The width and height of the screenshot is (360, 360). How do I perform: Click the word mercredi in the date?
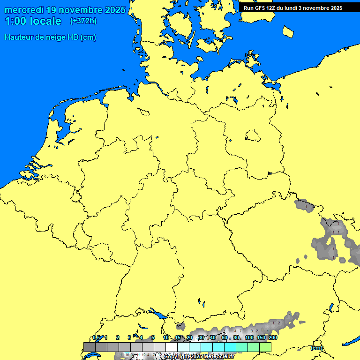[24, 10]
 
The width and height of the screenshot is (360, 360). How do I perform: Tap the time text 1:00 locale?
[33, 21]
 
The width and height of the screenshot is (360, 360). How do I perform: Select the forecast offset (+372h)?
[83, 21]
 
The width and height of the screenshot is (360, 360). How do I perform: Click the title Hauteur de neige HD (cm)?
[50, 37]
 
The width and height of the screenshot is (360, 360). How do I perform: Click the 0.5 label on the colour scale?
[96, 337]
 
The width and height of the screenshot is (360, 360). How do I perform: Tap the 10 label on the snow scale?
[166, 337]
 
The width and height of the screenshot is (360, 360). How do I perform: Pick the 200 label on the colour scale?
[273, 337]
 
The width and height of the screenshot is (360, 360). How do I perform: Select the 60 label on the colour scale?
[225, 337]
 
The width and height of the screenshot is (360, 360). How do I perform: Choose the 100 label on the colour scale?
[249, 337]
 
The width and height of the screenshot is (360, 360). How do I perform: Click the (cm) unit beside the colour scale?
[316, 348]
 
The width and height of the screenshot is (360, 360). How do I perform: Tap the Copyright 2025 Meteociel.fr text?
[199, 357]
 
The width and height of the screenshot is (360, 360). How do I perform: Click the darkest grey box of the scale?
[89, 347]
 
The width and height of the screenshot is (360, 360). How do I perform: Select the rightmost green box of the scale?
[265, 347]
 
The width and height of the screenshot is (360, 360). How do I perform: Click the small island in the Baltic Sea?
[288, 31]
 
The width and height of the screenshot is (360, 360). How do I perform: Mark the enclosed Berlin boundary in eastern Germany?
[253, 136]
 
